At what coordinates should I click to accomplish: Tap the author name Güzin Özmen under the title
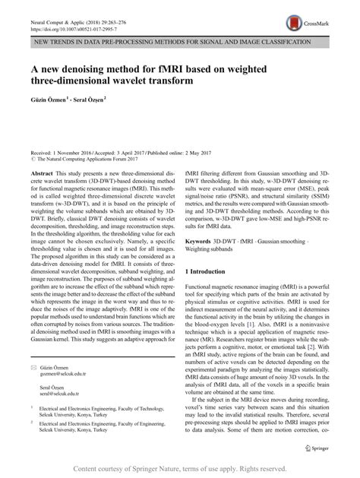[52, 98]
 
